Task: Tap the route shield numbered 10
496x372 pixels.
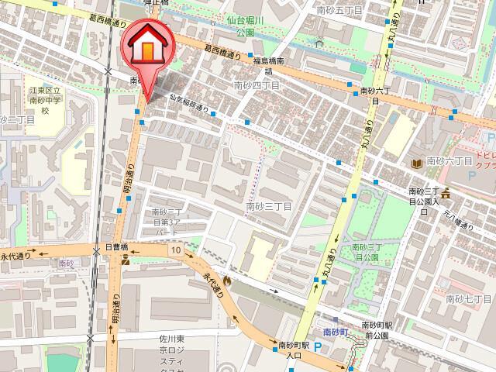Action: (x=177, y=250)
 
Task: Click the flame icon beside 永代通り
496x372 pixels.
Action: (x=227, y=281)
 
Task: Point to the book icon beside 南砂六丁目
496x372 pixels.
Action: (x=418, y=164)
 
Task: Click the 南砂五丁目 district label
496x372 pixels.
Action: (x=335, y=11)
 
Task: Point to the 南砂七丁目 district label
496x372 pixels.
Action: (x=469, y=298)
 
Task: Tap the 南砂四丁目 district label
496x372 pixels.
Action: (x=256, y=86)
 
